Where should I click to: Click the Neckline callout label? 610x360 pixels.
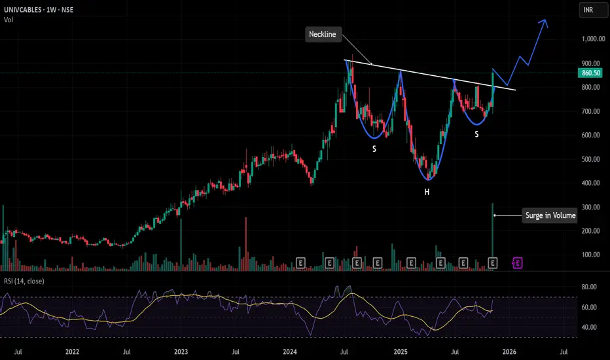coord(323,35)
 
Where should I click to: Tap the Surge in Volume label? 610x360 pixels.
coord(550,215)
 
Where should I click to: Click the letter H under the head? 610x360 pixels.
coord(427,192)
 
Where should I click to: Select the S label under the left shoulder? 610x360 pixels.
coord(374,149)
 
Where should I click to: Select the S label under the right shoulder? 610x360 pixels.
coord(476,134)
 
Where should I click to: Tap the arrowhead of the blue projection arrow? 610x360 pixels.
coord(545,22)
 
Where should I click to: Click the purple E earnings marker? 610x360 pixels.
coord(517,263)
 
